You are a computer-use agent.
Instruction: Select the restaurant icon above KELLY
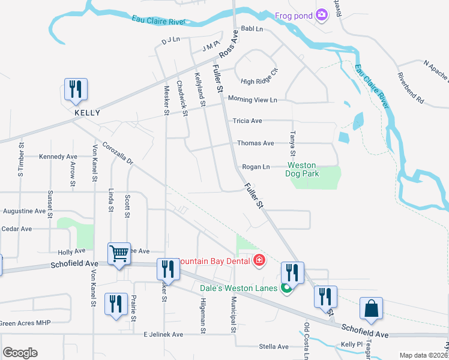point(76,89)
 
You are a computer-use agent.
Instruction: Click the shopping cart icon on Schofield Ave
point(119,254)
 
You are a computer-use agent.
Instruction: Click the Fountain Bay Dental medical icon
point(259,260)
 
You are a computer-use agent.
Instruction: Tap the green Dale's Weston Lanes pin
point(286,289)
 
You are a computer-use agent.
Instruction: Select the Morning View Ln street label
point(252,100)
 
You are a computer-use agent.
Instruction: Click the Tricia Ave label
point(247,121)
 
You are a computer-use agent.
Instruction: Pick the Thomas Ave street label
point(255,143)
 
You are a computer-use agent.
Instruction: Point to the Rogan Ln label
point(256,167)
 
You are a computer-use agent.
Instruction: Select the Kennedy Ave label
point(59,157)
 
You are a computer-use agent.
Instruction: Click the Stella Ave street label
point(274,347)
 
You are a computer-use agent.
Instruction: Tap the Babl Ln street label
point(252,29)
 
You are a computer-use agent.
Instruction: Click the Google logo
point(20,353)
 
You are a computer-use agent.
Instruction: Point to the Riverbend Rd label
point(411,88)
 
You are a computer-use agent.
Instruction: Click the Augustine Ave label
point(24,211)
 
